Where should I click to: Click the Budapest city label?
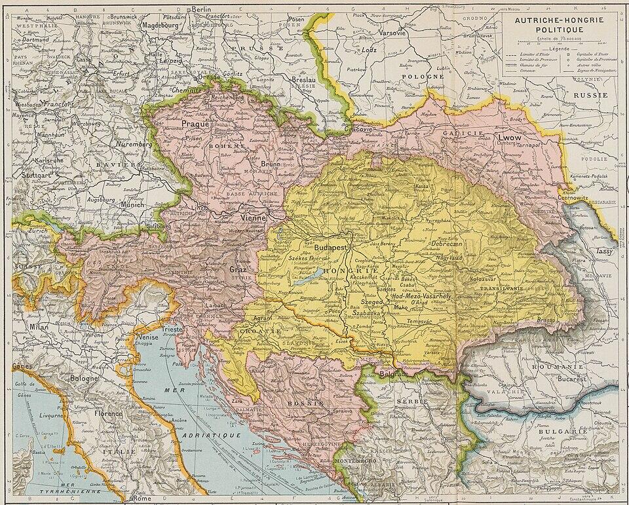pos(330,249)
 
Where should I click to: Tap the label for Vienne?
pos(253,217)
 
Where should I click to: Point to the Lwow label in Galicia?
pos(510,138)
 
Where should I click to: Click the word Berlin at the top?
pos(198,9)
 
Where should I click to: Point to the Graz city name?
pos(237,269)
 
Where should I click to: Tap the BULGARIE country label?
pos(554,432)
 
